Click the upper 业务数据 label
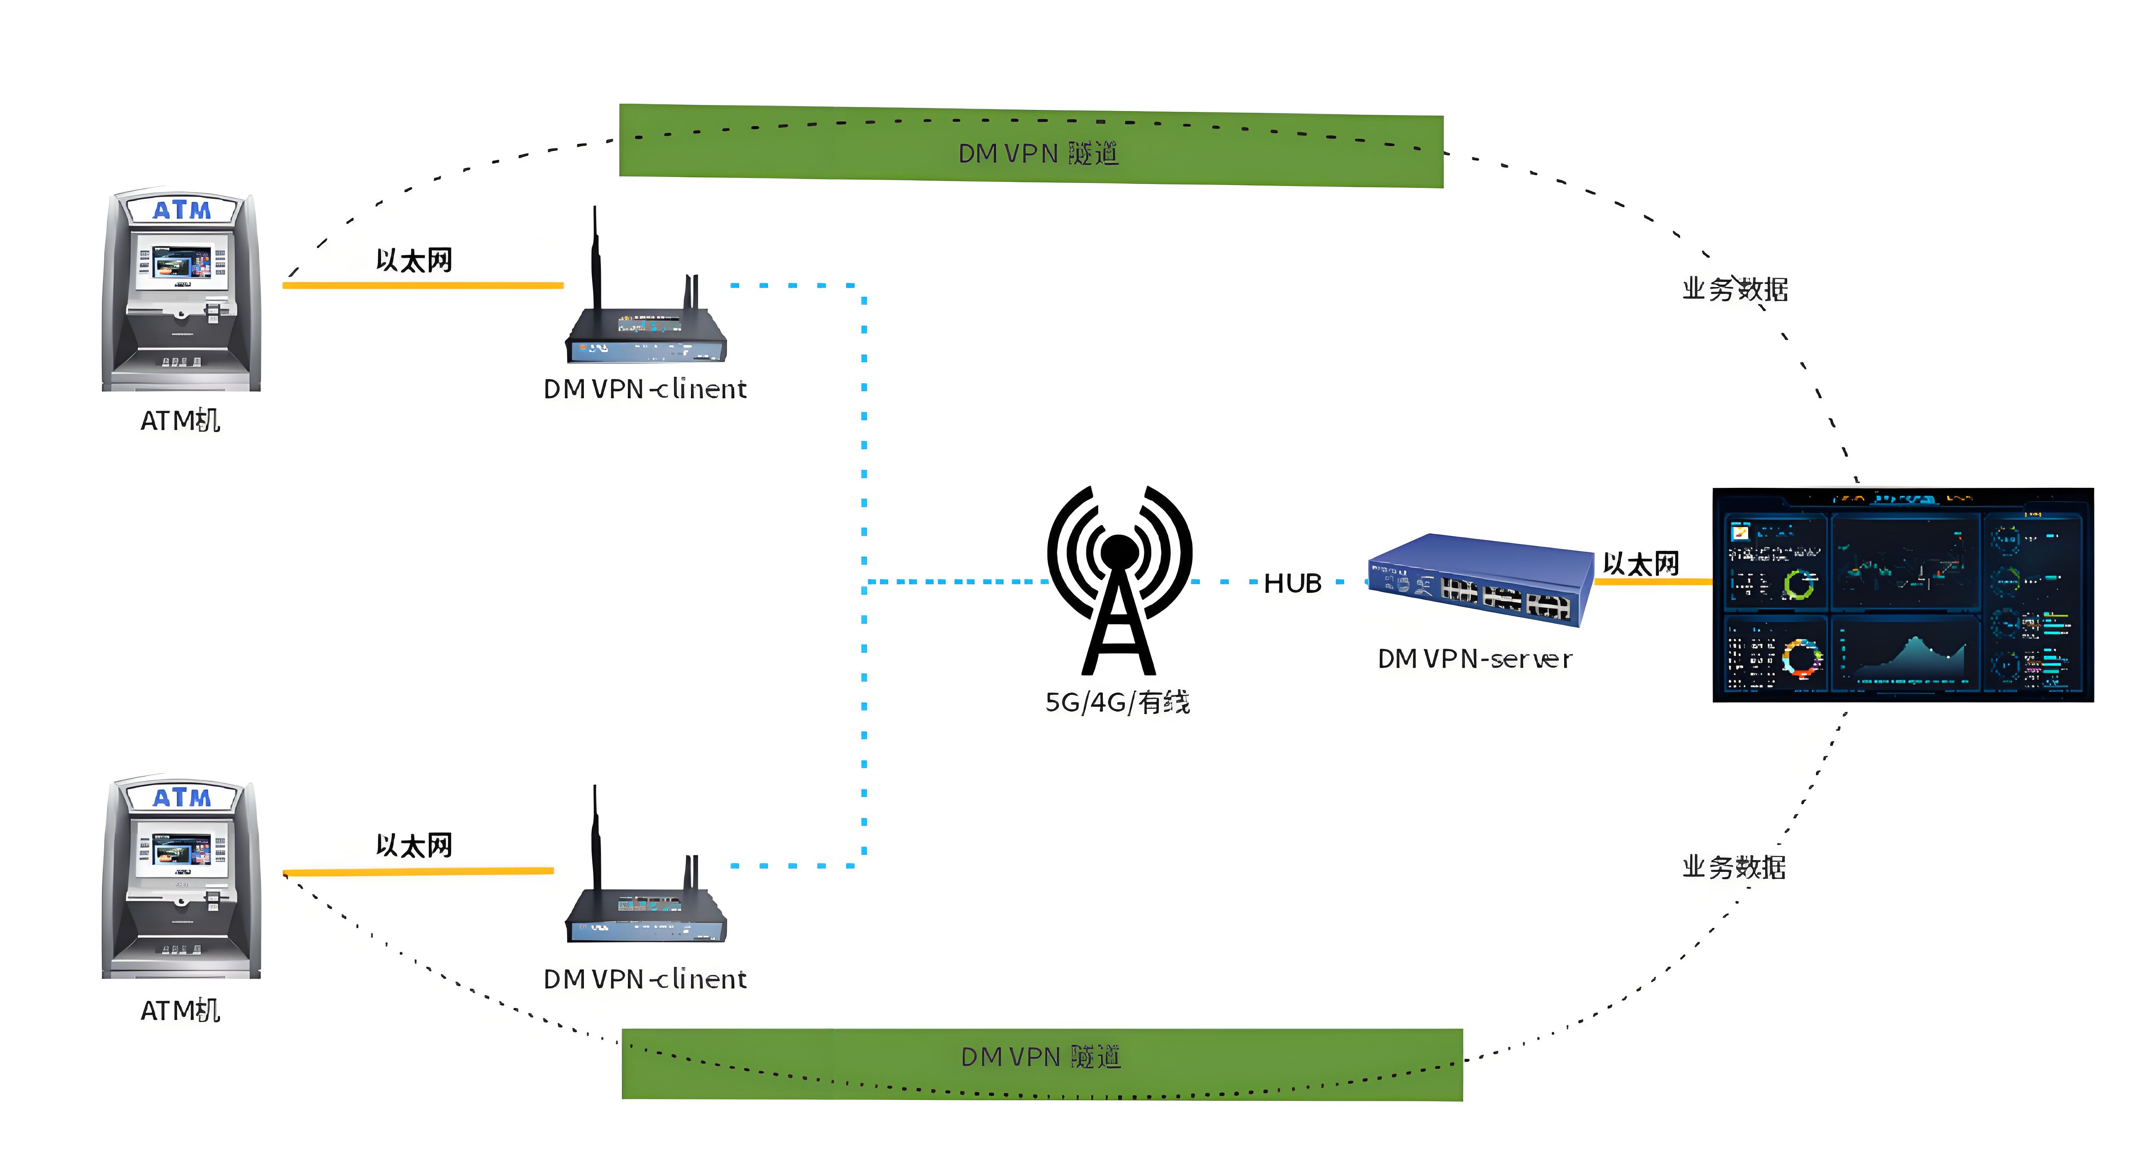pyautogui.click(x=1735, y=289)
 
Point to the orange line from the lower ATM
pyautogui.click(x=417, y=871)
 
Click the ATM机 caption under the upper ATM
pyautogui.click(x=180, y=421)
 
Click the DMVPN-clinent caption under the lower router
pyautogui.click(x=645, y=979)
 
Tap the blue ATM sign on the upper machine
pyautogui.click(x=182, y=210)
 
